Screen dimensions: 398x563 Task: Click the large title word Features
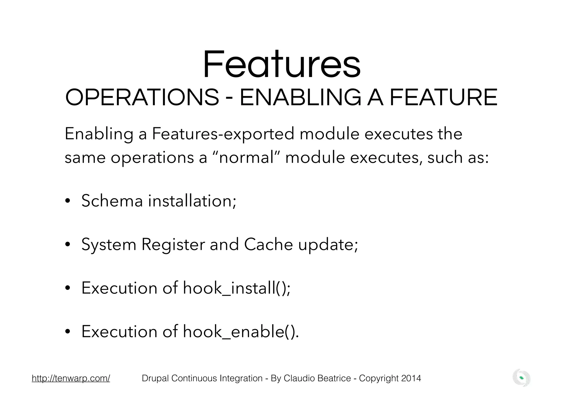click(x=281, y=65)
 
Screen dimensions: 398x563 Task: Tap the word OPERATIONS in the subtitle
click(x=142, y=98)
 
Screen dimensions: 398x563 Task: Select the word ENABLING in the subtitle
click(x=300, y=98)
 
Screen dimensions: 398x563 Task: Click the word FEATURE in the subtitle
click(x=443, y=98)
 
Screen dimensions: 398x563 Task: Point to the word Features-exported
click(x=223, y=134)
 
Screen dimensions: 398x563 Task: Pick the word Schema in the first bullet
click(x=112, y=201)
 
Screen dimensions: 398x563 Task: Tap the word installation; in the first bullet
click(x=192, y=201)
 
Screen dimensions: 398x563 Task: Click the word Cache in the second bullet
click(x=268, y=244)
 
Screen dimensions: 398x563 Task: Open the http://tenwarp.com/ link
click(x=71, y=378)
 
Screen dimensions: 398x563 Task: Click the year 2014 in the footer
click(x=411, y=378)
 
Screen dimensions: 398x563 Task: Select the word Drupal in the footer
click(x=155, y=379)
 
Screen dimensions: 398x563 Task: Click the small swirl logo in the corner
click(x=521, y=378)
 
